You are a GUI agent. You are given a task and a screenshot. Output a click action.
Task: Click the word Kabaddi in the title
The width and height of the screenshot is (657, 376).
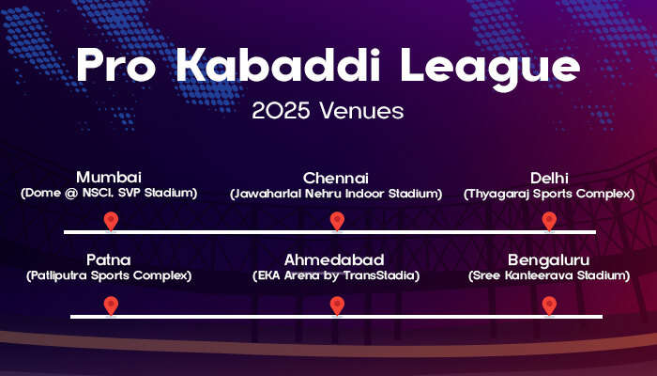click(x=278, y=66)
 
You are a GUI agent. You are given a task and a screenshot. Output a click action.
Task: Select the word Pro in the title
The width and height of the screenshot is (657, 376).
click(x=116, y=66)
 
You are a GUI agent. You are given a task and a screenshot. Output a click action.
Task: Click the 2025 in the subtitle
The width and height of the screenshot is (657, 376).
click(x=282, y=111)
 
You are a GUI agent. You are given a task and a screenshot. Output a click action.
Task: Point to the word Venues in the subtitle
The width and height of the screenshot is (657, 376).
click(x=361, y=111)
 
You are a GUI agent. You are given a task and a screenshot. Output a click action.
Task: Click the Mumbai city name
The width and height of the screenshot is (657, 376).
click(x=109, y=177)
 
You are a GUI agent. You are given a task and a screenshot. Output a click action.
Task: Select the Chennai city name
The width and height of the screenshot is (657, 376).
click(x=336, y=178)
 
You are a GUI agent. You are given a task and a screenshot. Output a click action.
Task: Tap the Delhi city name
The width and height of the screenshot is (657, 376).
click(x=549, y=178)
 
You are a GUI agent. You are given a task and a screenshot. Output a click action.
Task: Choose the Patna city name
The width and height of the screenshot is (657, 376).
click(x=109, y=259)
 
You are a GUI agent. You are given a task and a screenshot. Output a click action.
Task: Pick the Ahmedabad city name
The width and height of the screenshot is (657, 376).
click(x=334, y=259)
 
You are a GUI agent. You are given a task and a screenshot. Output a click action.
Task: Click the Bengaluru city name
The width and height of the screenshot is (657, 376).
click(x=548, y=260)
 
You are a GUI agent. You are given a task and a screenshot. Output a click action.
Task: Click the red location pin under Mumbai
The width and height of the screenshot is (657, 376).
click(x=111, y=221)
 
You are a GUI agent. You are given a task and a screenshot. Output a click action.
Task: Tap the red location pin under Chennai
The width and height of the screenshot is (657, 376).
click(x=337, y=221)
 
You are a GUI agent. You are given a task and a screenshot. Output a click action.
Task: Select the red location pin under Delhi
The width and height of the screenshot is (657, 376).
click(x=549, y=221)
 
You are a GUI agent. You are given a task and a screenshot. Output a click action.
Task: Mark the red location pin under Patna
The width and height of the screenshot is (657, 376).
click(x=111, y=305)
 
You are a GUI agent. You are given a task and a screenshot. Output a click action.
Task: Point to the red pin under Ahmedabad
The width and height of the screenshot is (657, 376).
click(x=337, y=305)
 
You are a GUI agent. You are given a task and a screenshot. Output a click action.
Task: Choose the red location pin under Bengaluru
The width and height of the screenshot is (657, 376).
click(x=549, y=305)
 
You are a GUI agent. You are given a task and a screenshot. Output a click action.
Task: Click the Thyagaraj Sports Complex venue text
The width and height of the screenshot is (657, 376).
click(x=549, y=194)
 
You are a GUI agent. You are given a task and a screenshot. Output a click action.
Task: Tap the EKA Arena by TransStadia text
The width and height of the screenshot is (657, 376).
click(x=336, y=275)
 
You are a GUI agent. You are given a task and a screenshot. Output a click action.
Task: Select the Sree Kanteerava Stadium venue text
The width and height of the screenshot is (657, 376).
click(x=549, y=275)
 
